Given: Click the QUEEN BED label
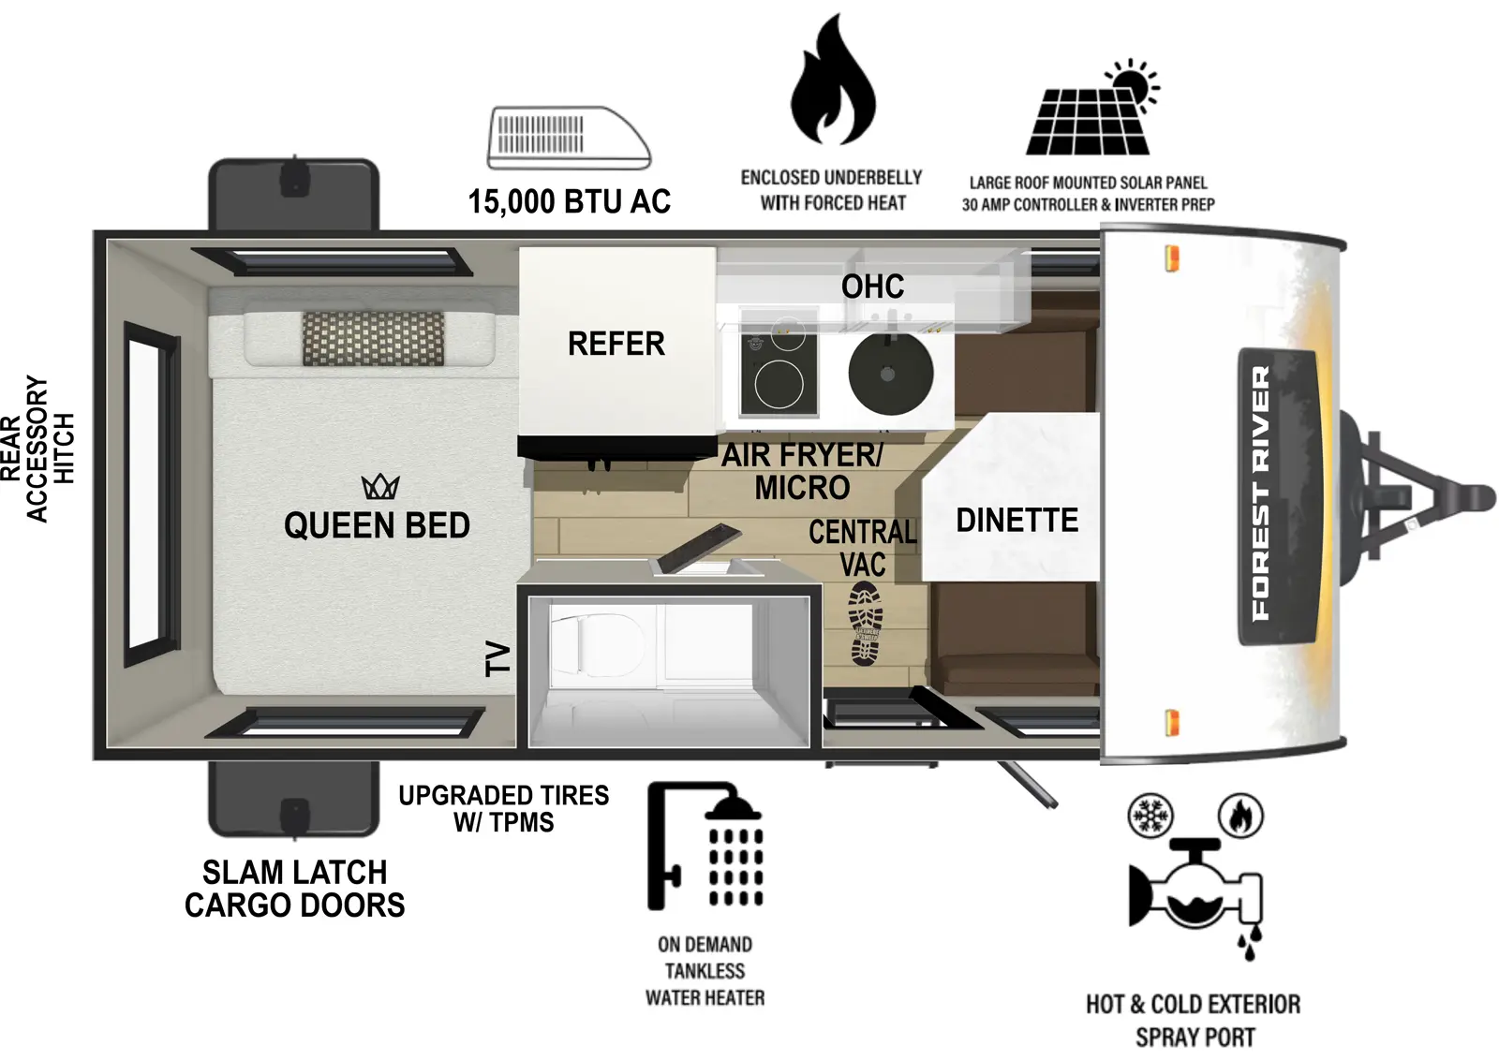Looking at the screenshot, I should click(x=377, y=525).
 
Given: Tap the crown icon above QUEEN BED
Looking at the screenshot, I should click(x=380, y=486).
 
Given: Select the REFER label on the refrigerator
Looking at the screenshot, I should click(x=616, y=344).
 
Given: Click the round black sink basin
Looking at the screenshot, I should click(x=890, y=373).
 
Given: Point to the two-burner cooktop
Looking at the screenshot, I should click(x=779, y=374).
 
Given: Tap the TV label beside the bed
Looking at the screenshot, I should click(x=497, y=658).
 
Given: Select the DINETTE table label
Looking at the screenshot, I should click(x=1017, y=520).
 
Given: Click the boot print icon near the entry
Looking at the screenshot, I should click(x=866, y=624).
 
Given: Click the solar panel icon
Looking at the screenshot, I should click(x=1091, y=112).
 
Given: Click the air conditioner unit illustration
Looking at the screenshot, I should click(x=568, y=138).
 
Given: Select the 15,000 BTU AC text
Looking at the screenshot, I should click(x=569, y=201).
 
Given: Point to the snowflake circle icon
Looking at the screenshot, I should click(x=1150, y=816).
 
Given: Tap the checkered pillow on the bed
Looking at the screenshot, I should click(x=373, y=338).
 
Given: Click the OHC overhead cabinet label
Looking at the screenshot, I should click(x=872, y=287).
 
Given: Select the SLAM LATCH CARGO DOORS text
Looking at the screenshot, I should click(x=294, y=888).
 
